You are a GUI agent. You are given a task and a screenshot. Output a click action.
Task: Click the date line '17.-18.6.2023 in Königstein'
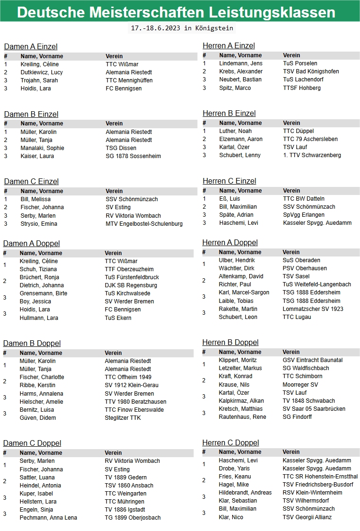point(182,28)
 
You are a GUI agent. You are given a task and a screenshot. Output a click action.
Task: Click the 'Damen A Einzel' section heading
point(31,46)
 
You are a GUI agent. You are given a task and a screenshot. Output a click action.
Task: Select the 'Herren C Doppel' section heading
point(230,442)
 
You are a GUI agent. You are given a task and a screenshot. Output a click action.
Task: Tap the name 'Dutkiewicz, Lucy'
point(42,72)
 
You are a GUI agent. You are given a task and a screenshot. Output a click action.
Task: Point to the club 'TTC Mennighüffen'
point(129,80)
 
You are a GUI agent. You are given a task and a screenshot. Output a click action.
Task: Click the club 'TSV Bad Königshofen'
point(311,71)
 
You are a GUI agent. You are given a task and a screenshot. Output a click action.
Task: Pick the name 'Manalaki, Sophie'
point(42,148)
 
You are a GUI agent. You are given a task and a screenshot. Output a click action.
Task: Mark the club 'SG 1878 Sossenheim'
point(133,156)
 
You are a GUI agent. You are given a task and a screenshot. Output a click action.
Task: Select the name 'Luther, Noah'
point(236,131)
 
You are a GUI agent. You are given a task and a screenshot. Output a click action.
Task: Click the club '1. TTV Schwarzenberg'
point(312,155)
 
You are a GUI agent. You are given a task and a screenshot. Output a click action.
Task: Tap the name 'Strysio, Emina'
point(39,224)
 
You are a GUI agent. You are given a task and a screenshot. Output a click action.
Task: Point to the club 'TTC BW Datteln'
point(304,199)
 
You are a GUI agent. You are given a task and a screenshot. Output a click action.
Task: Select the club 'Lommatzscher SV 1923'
point(313,309)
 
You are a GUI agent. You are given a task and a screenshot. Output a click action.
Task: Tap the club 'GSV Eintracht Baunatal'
point(312,360)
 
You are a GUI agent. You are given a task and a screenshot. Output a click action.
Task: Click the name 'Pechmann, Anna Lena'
point(48,518)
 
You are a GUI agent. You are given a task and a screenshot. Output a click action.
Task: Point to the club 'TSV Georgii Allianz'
point(307,517)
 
